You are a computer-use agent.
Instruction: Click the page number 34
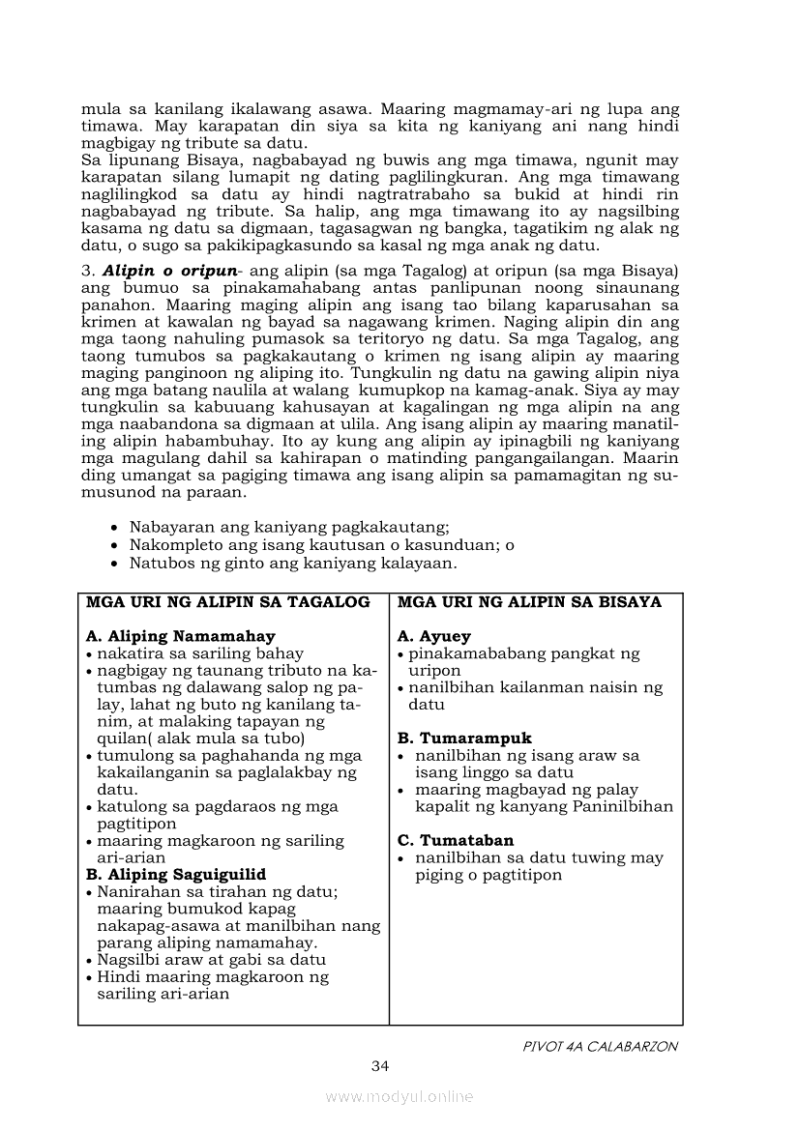pyautogui.click(x=379, y=1066)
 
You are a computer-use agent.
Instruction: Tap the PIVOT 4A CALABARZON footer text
pyautogui.click(x=600, y=1046)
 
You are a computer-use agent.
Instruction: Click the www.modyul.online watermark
pyautogui.click(x=399, y=1096)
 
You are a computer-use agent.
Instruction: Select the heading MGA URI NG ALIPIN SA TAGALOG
pyautogui.click(x=228, y=602)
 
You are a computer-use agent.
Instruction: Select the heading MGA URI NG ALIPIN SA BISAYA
pyautogui.click(x=529, y=602)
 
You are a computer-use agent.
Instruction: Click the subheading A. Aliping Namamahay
pyautogui.click(x=181, y=636)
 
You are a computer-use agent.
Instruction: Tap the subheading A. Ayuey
pyautogui.click(x=434, y=636)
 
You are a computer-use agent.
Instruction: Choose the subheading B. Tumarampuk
pyautogui.click(x=464, y=739)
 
